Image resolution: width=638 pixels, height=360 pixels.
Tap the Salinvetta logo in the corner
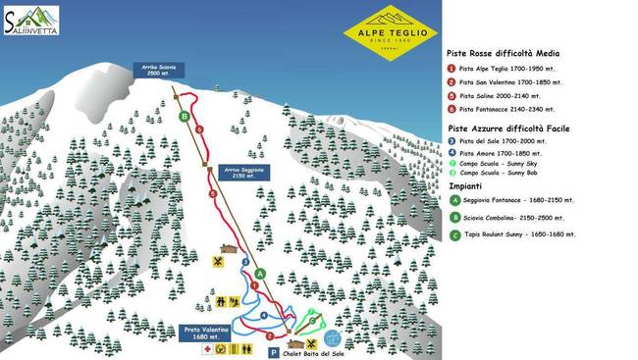click(30, 20)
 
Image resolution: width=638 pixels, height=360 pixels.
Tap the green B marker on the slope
click(185, 116)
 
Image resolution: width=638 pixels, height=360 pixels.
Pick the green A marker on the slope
click(260, 272)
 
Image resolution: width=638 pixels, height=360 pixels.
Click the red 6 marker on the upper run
click(199, 129)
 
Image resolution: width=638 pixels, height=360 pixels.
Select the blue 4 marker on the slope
click(263, 315)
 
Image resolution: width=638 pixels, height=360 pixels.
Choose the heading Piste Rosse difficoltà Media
click(503, 54)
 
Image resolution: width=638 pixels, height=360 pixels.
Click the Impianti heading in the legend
click(465, 185)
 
